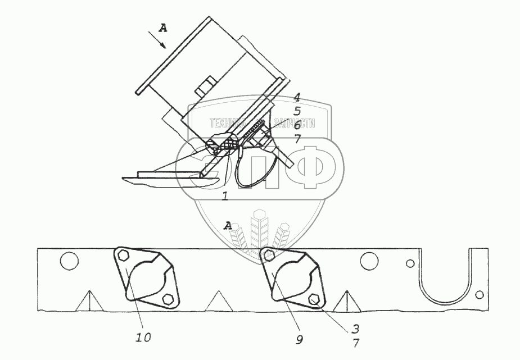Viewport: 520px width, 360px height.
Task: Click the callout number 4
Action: [297, 97]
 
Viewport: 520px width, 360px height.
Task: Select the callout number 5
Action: [297, 111]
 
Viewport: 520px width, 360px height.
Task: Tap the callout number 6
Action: [297, 126]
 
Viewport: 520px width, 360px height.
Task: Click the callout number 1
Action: [224, 197]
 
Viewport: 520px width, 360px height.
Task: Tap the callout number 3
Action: [355, 328]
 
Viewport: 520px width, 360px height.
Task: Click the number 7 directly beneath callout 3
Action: [355, 342]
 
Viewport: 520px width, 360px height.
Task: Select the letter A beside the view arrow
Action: [162, 27]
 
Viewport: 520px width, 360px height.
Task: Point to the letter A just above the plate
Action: [228, 225]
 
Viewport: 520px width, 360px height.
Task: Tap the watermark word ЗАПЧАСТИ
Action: [293, 123]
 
